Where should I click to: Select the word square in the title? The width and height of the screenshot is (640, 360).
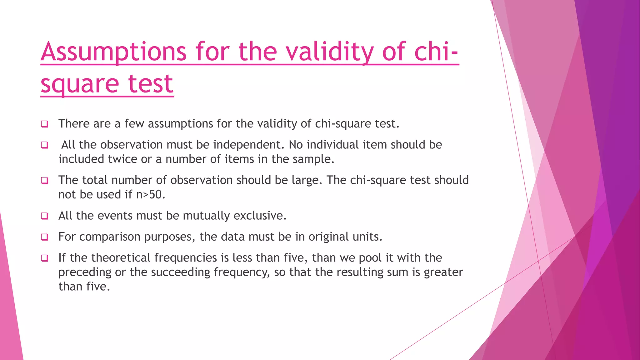pos(80,84)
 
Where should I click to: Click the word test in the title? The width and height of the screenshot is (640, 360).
pos(151,84)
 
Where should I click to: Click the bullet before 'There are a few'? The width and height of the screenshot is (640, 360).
pos(45,124)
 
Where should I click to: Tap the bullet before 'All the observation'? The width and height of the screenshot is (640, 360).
pos(45,145)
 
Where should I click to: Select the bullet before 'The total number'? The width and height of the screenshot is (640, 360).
pos(45,180)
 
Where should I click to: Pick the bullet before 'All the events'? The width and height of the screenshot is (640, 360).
pos(45,216)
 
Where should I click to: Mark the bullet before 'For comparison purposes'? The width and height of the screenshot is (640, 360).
pos(45,237)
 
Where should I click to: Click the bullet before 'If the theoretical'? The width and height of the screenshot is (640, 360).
pos(45,258)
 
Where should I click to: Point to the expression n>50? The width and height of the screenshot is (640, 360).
pos(150,195)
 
